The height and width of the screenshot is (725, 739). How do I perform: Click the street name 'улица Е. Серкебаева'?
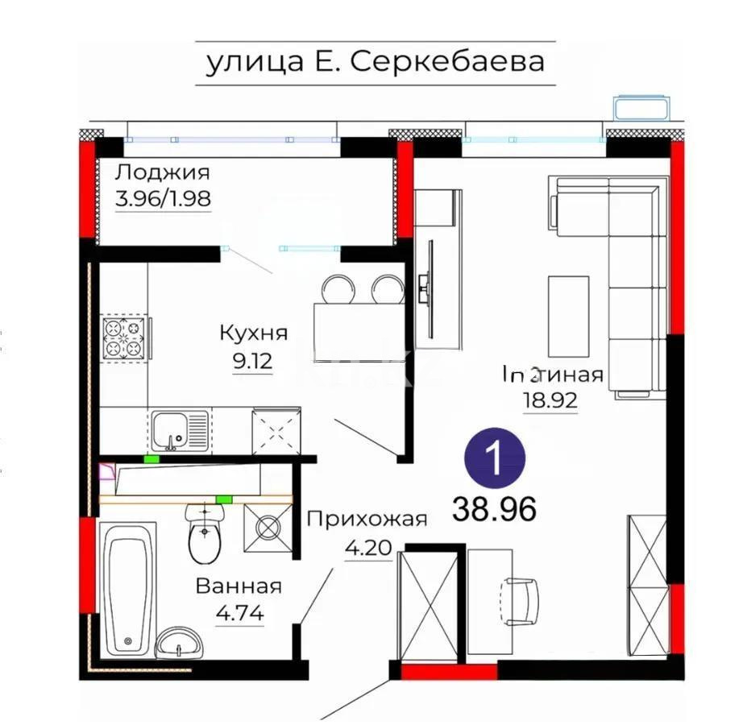coord(376,62)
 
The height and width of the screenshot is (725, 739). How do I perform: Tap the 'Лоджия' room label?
coord(162,172)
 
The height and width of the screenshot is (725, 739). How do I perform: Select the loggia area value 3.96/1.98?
coord(164,198)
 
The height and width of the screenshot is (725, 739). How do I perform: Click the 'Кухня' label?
coord(254,333)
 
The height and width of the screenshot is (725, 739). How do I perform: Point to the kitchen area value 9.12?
coord(253,362)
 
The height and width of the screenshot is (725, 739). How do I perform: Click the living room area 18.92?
coord(551,400)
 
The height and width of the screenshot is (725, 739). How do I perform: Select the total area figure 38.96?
coord(495,508)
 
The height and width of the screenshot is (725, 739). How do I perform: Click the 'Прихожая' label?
coord(366,519)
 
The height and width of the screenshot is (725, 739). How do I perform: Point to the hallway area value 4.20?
coord(367,549)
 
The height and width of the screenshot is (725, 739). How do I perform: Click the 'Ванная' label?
coord(239,586)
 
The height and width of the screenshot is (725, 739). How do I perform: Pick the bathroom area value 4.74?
coord(239,615)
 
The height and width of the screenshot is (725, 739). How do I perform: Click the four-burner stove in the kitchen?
coord(125,338)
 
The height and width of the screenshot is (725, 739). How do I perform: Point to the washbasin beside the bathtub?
coord(180,643)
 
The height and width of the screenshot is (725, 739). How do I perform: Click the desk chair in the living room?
coord(521,599)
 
